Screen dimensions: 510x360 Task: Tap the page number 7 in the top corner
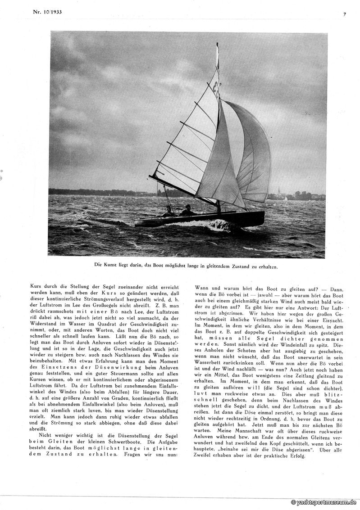click(x=344, y=14)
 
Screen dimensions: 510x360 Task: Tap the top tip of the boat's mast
click(x=217, y=44)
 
